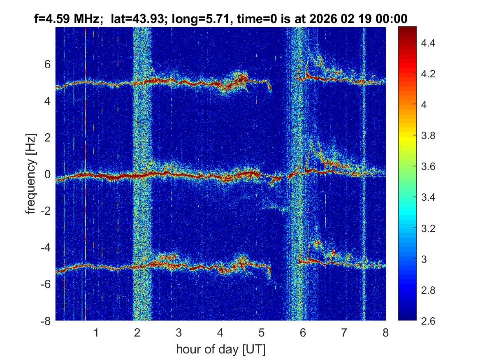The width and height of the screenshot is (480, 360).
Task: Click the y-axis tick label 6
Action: pyautogui.click(x=48, y=65)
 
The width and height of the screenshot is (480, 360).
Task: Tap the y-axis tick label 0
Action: pyautogui.click(x=48, y=174)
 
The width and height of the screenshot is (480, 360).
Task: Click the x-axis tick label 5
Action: pyautogui.click(x=262, y=332)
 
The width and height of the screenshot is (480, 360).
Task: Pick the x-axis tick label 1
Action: pyautogui.click(x=96, y=332)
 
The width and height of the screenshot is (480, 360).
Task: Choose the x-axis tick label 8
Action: pyautogui.click(x=385, y=332)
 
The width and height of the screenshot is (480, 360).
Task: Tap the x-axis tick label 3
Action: pyautogui.click(x=179, y=332)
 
